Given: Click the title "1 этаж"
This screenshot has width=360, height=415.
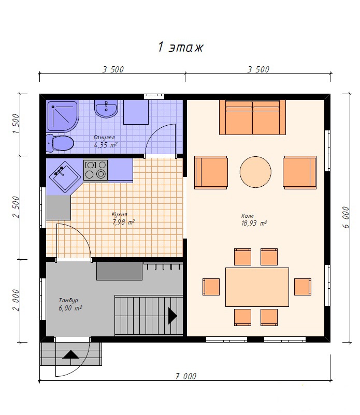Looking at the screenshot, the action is [181, 47].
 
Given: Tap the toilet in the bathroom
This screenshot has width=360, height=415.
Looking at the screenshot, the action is [60, 143].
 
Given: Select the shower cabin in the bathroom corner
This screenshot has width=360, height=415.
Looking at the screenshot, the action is [63, 116].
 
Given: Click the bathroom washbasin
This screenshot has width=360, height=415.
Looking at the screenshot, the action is [106, 109].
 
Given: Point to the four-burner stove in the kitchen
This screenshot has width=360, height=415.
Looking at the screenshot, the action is [96, 170].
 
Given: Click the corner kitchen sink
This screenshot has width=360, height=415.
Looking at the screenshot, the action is [65, 176].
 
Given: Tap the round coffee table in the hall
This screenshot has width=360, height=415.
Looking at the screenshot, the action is [255, 172].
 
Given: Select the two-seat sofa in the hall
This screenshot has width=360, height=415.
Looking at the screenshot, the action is [252, 117].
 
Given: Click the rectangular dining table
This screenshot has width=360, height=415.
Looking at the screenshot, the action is [257, 287].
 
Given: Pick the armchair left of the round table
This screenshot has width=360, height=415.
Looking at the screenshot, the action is [211, 172].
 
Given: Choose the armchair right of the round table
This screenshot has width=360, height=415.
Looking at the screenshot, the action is [299, 172].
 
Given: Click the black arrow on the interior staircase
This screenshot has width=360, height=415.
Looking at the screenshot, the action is [172, 316].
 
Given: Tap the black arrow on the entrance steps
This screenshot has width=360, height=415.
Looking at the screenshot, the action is [71, 354].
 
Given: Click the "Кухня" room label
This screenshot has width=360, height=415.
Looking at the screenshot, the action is [120, 214].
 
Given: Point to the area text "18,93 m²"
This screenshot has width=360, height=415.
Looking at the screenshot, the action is [254, 224].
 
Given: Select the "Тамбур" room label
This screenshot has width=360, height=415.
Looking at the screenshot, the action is [68, 301].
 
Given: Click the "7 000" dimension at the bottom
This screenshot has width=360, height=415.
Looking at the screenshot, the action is [186, 376].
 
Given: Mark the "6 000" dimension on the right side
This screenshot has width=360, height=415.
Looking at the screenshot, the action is [345, 217].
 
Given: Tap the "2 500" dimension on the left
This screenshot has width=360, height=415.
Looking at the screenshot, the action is [16, 207].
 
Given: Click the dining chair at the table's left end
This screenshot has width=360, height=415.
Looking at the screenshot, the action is [211, 287].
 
